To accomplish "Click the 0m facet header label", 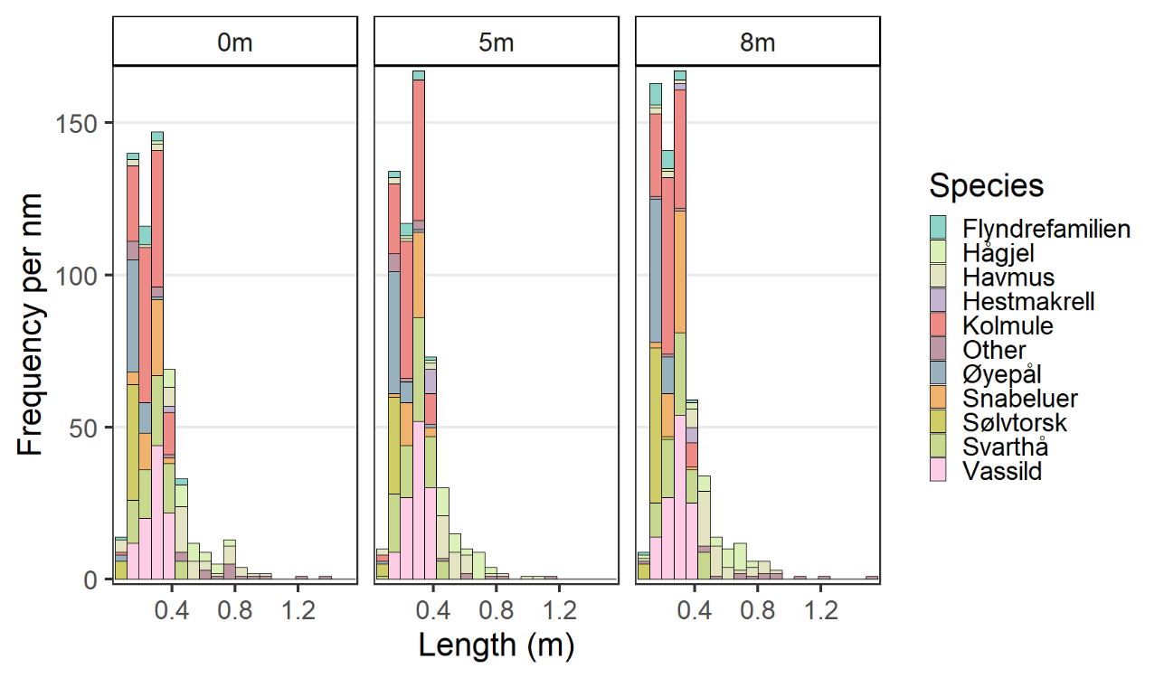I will pyautogui.click(x=235, y=42).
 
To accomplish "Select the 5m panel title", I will pyautogui.click(x=497, y=42).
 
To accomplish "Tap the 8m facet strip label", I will pyautogui.click(x=757, y=42).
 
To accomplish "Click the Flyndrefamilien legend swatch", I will pyautogui.click(x=939, y=229).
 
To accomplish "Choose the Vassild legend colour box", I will pyautogui.click(x=939, y=471).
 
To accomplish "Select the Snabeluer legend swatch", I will pyautogui.click(x=939, y=399).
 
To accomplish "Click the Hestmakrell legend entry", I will pyautogui.click(x=1028, y=301).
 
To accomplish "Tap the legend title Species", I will pyautogui.click(x=986, y=186).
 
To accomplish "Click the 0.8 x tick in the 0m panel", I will pyautogui.click(x=235, y=610).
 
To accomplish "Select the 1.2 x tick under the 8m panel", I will pyautogui.click(x=820, y=610).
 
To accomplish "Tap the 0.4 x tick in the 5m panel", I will pyautogui.click(x=433, y=610).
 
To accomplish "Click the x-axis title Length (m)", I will pyautogui.click(x=497, y=645).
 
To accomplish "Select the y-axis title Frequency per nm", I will pyautogui.click(x=33, y=324).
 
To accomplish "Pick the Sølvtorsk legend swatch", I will pyautogui.click(x=939, y=423).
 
